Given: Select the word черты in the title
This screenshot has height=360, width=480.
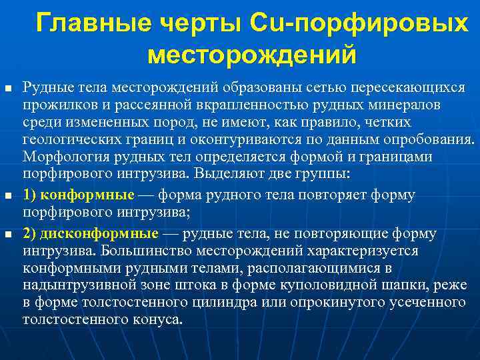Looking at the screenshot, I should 200,23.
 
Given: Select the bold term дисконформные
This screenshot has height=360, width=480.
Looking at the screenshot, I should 100,234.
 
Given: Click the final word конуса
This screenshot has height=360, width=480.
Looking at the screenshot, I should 157,320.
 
